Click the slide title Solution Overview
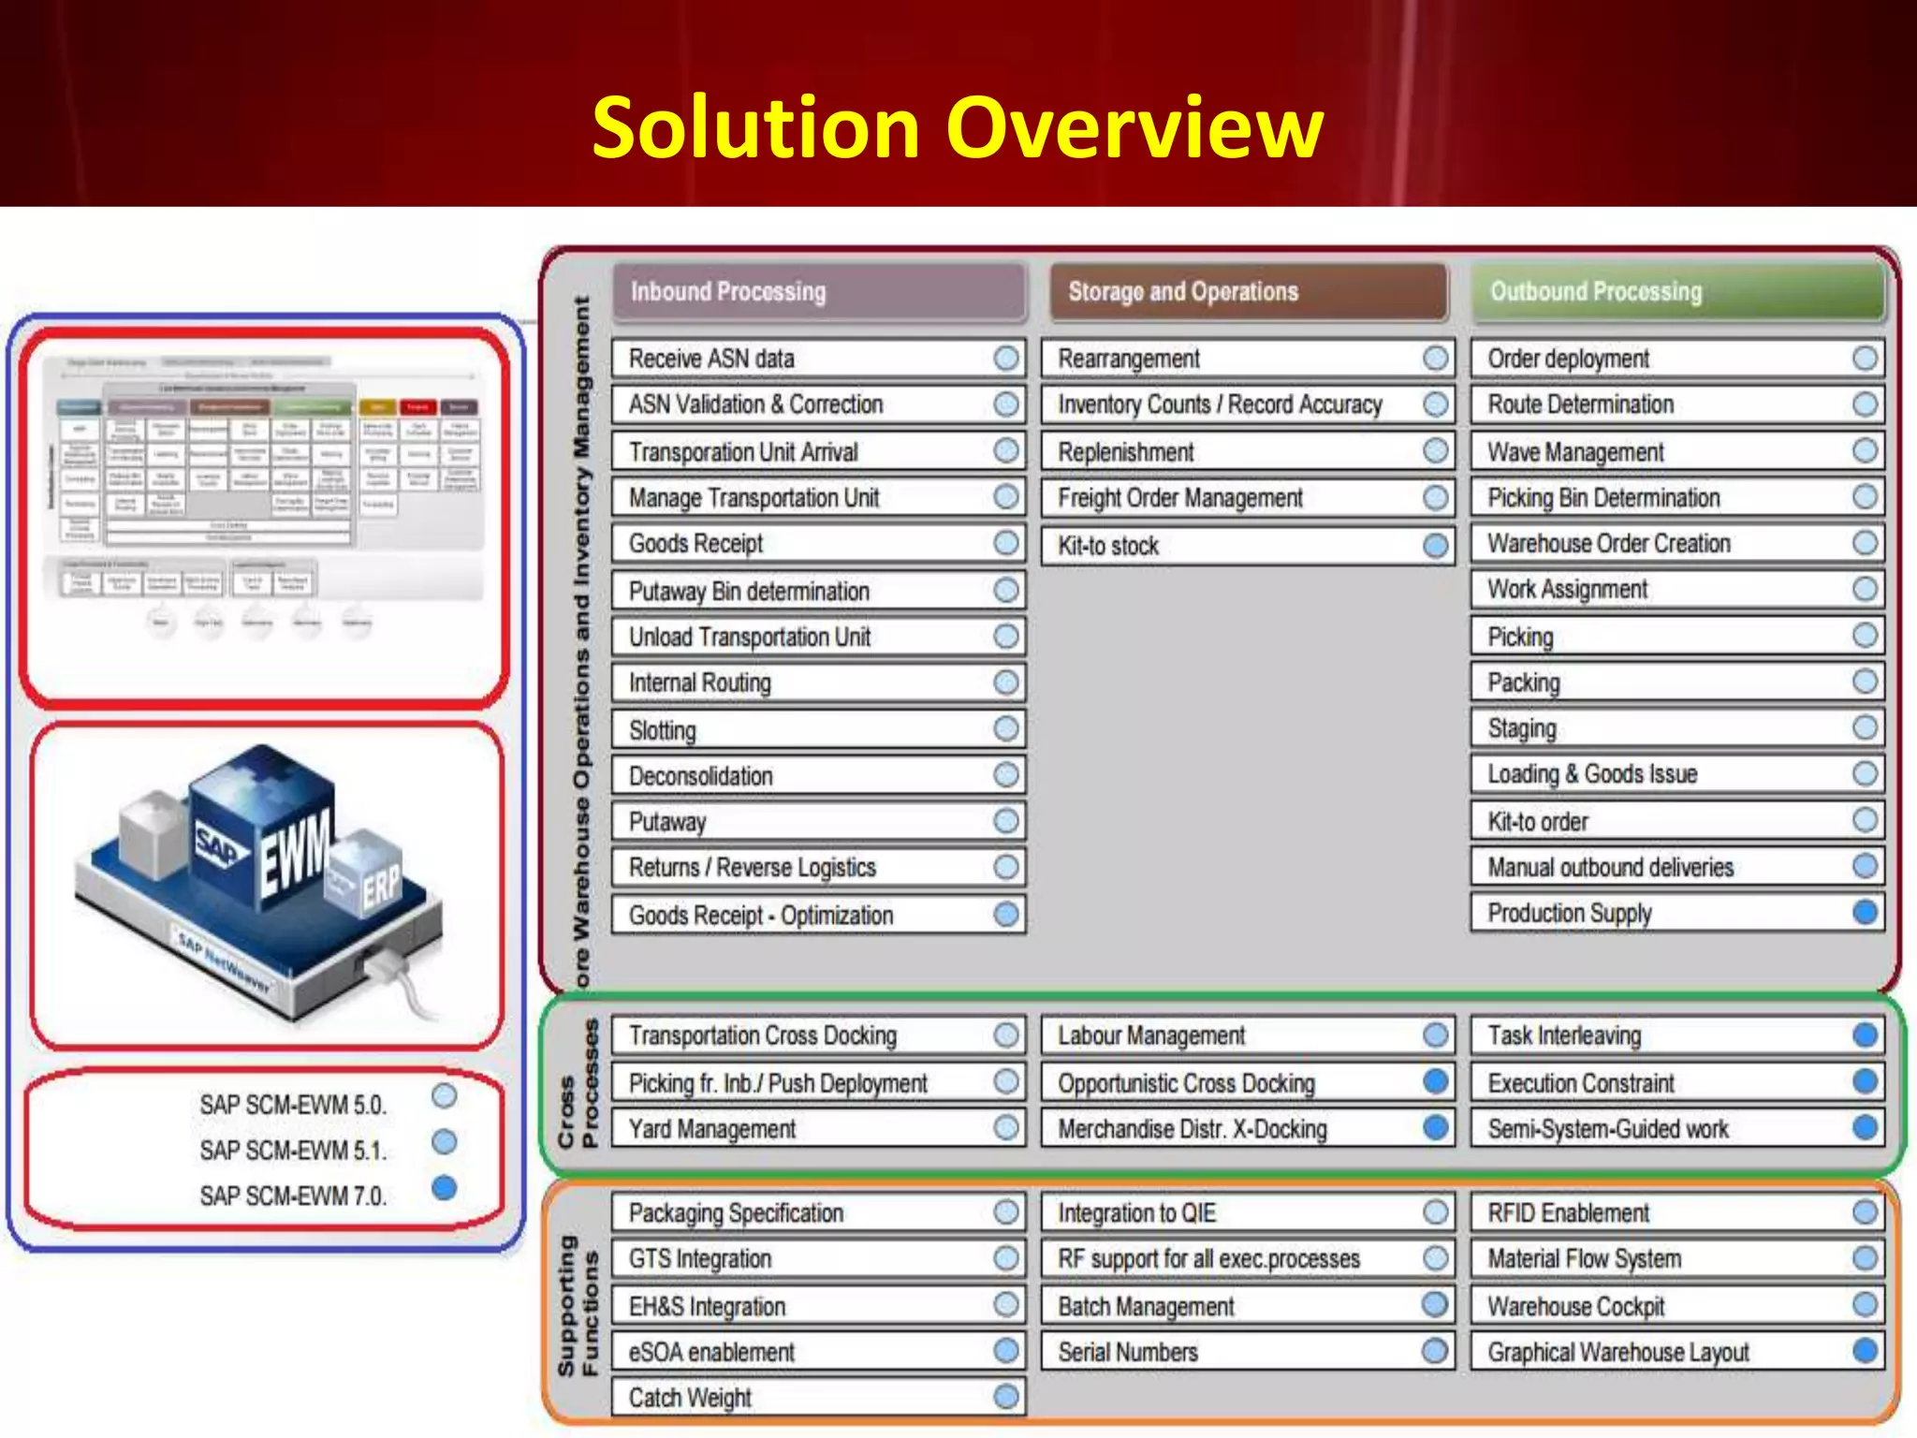[957, 128]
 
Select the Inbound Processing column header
[819, 292]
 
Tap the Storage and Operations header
[1247, 292]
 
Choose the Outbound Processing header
[1676, 292]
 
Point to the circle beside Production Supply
[1865, 912]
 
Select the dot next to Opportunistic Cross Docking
[1435, 1082]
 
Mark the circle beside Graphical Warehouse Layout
[1865, 1351]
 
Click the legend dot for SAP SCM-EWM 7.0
[445, 1188]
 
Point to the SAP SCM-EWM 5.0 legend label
[293, 1105]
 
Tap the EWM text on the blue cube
[295, 852]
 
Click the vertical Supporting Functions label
[578, 1307]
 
